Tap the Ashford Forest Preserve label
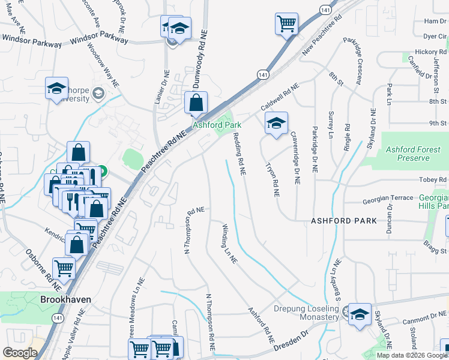tap(408, 154)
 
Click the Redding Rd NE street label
tap(239, 154)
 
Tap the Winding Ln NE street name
tap(230, 244)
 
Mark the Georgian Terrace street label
tap(387, 197)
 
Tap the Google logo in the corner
tap(20, 353)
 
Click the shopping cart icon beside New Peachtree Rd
tap(286, 24)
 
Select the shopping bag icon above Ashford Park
tap(196, 103)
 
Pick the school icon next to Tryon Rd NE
tap(276, 124)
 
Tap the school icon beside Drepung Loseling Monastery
tap(360, 314)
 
